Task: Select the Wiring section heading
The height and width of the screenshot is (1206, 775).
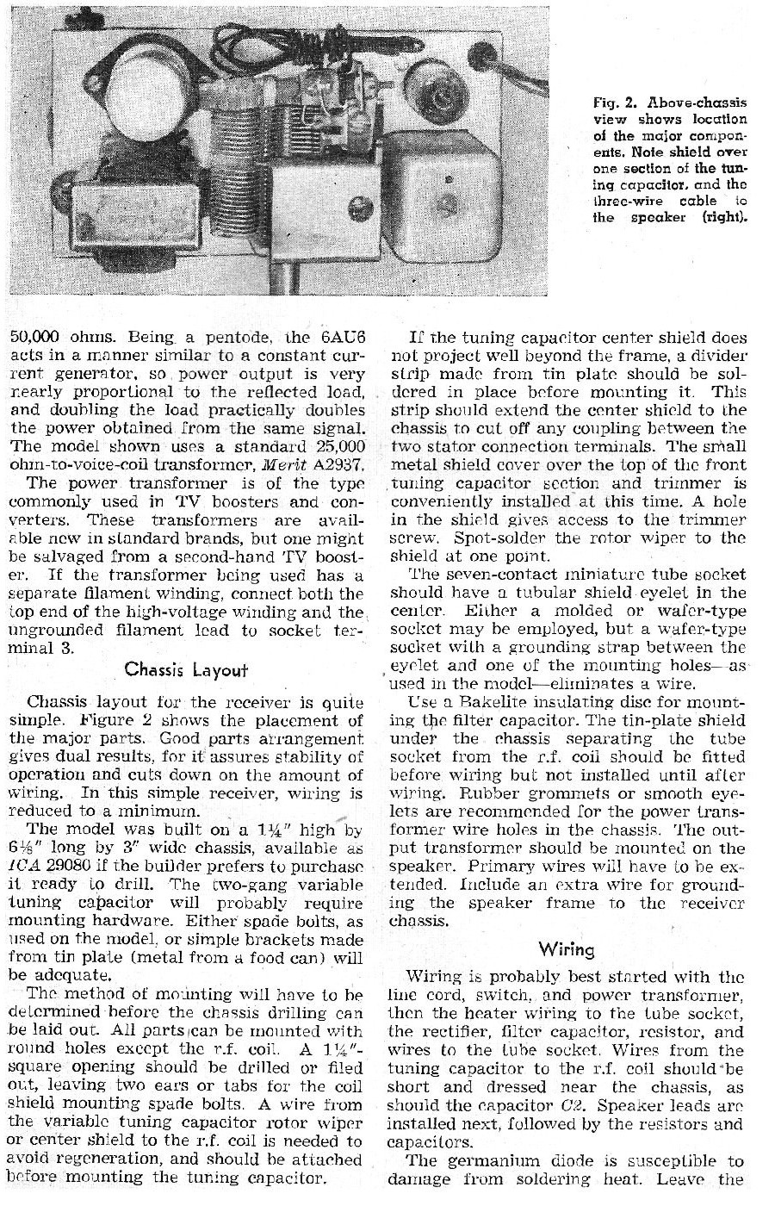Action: pos(567,949)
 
